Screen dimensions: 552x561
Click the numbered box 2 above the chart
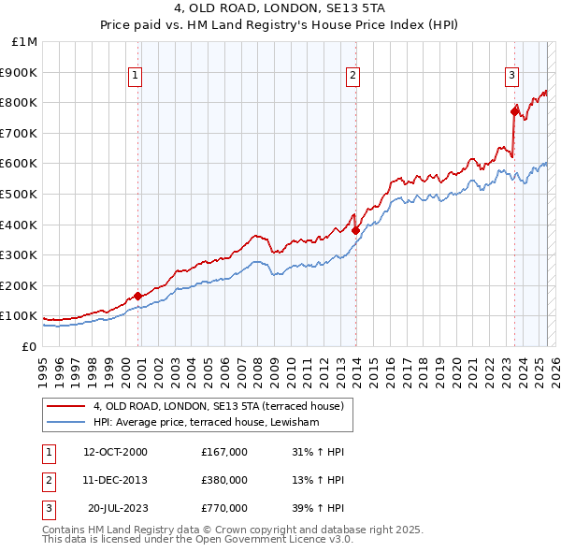353,77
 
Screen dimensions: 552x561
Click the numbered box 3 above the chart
512,77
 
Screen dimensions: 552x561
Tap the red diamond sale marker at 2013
356,230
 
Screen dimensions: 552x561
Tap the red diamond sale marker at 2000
138,296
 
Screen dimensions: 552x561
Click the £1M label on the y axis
25,42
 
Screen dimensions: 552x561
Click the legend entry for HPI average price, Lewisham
207,423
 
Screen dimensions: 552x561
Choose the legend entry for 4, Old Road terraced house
219,406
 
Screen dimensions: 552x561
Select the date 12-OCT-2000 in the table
115,452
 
